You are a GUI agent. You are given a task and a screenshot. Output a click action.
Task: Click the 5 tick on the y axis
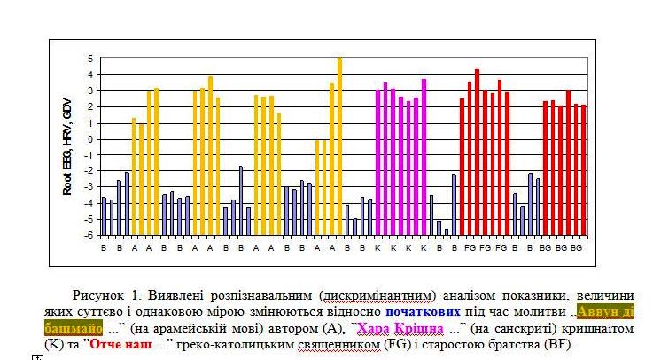(89, 59)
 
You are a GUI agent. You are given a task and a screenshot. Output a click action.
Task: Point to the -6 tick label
(88, 235)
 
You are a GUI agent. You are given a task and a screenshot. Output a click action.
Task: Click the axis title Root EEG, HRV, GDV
(66, 147)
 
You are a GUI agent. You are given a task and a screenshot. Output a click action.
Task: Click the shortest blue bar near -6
(447, 231)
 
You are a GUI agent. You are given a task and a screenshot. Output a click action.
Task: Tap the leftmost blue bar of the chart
(104, 215)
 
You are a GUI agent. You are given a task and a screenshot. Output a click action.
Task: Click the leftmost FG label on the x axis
(469, 247)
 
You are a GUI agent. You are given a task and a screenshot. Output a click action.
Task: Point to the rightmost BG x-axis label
(576, 247)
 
